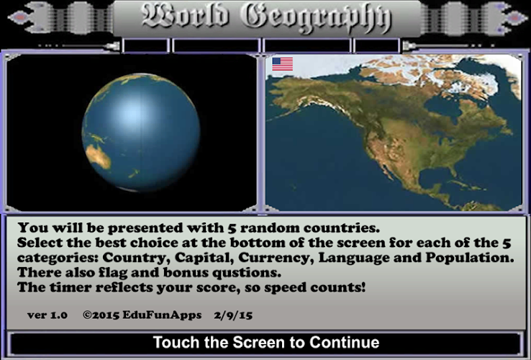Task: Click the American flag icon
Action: point(283,64)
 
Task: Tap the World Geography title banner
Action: point(267,18)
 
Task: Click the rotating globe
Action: point(141,132)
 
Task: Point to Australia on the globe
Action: point(98,157)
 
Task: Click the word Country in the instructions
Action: point(136,258)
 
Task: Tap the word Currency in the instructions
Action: point(274,258)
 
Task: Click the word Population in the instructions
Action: point(470,258)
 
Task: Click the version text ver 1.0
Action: point(47,315)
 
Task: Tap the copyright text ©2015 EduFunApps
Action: point(142,315)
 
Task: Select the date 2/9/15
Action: point(233,315)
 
